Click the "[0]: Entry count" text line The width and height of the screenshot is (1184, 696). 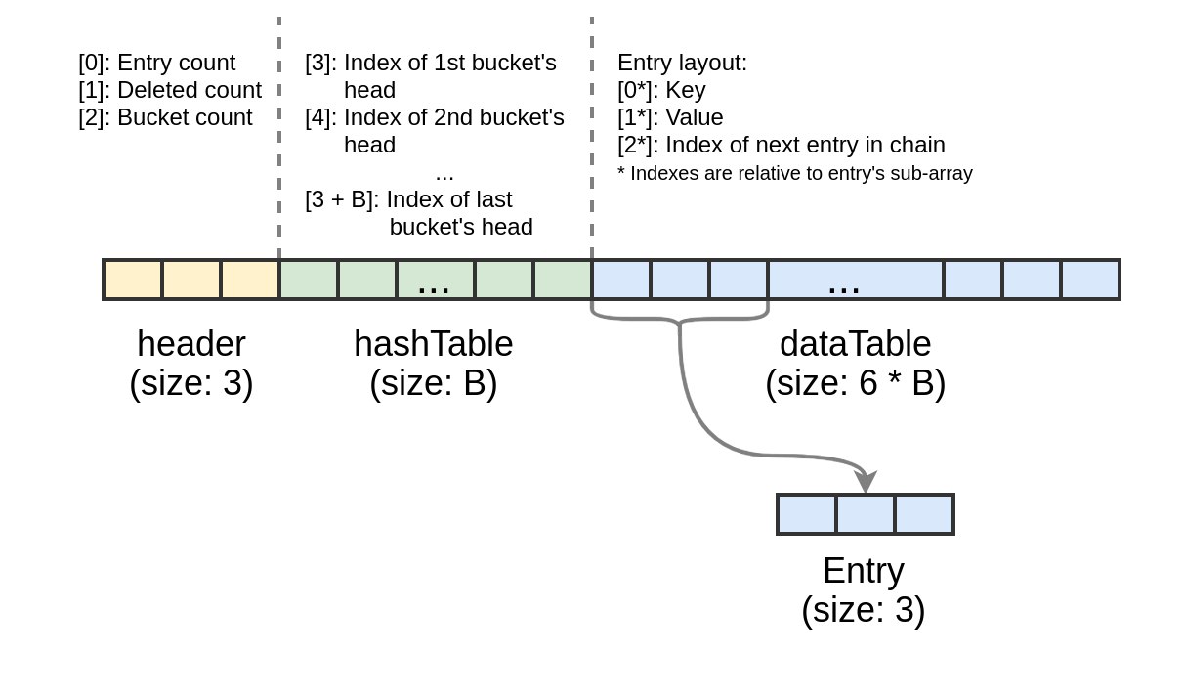point(157,63)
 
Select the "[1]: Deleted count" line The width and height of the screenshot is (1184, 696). point(170,91)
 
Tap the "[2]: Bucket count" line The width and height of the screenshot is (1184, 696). point(165,117)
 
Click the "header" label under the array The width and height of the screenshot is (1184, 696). point(191,344)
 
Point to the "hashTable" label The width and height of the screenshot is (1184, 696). point(434,344)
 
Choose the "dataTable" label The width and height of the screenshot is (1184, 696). point(855,344)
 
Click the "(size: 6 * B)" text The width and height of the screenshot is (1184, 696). point(855,383)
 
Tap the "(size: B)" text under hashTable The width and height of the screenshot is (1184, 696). point(434,383)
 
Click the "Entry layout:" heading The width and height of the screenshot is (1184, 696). point(683,63)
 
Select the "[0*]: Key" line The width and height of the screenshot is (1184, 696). point(661,91)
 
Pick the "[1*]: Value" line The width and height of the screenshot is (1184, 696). point(670,117)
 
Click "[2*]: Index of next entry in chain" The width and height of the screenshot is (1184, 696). point(782,145)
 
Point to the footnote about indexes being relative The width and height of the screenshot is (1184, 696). point(795,173)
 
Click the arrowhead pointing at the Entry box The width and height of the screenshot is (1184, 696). point(866,481)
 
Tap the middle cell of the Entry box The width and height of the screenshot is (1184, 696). point(866,514)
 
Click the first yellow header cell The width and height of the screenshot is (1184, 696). point(133,280)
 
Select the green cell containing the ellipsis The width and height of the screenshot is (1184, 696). point(436,280)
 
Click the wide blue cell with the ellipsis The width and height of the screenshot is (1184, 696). point(855,280)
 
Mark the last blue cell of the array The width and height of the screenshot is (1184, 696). point(1090,280)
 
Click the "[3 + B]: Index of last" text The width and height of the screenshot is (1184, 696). point(408,200)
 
